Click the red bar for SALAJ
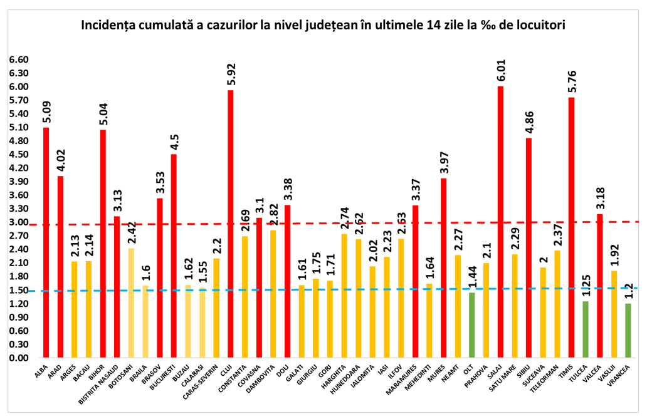(x=500, y=222)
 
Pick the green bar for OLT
(x=471, y=325)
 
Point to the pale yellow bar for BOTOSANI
(x=131, y=303)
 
